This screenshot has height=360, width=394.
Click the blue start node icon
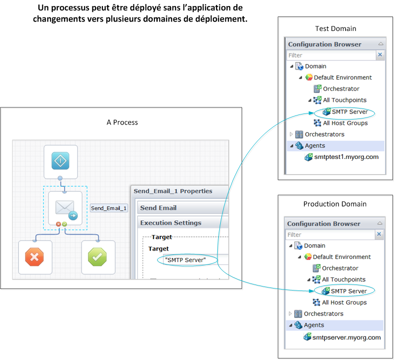pos(60,161)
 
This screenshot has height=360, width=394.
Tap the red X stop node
pos(35,257)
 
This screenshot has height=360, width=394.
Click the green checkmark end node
pos(97,257)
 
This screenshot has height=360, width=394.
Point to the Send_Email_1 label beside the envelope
pos(108,208)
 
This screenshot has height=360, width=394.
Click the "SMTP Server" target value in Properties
pos(185,260)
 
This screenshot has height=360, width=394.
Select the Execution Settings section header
pos(171,223)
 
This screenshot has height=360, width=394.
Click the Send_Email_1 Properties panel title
pos(173,191)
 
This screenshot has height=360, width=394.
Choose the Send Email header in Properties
pos(158,208)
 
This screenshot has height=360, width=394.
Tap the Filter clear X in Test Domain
pos(380,55)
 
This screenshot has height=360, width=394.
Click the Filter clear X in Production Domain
pos(379,234)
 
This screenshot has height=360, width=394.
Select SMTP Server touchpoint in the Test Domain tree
pos(350,111)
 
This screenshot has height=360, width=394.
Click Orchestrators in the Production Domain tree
pos(324,313)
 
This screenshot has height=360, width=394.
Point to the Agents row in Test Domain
pos(315,145)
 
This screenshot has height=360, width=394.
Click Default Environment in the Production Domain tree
pos(342,256)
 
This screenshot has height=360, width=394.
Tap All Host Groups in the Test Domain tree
pos(345,123)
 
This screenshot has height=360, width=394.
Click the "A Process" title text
pos(122,122)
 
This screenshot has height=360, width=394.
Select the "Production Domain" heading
pos(335,204)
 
